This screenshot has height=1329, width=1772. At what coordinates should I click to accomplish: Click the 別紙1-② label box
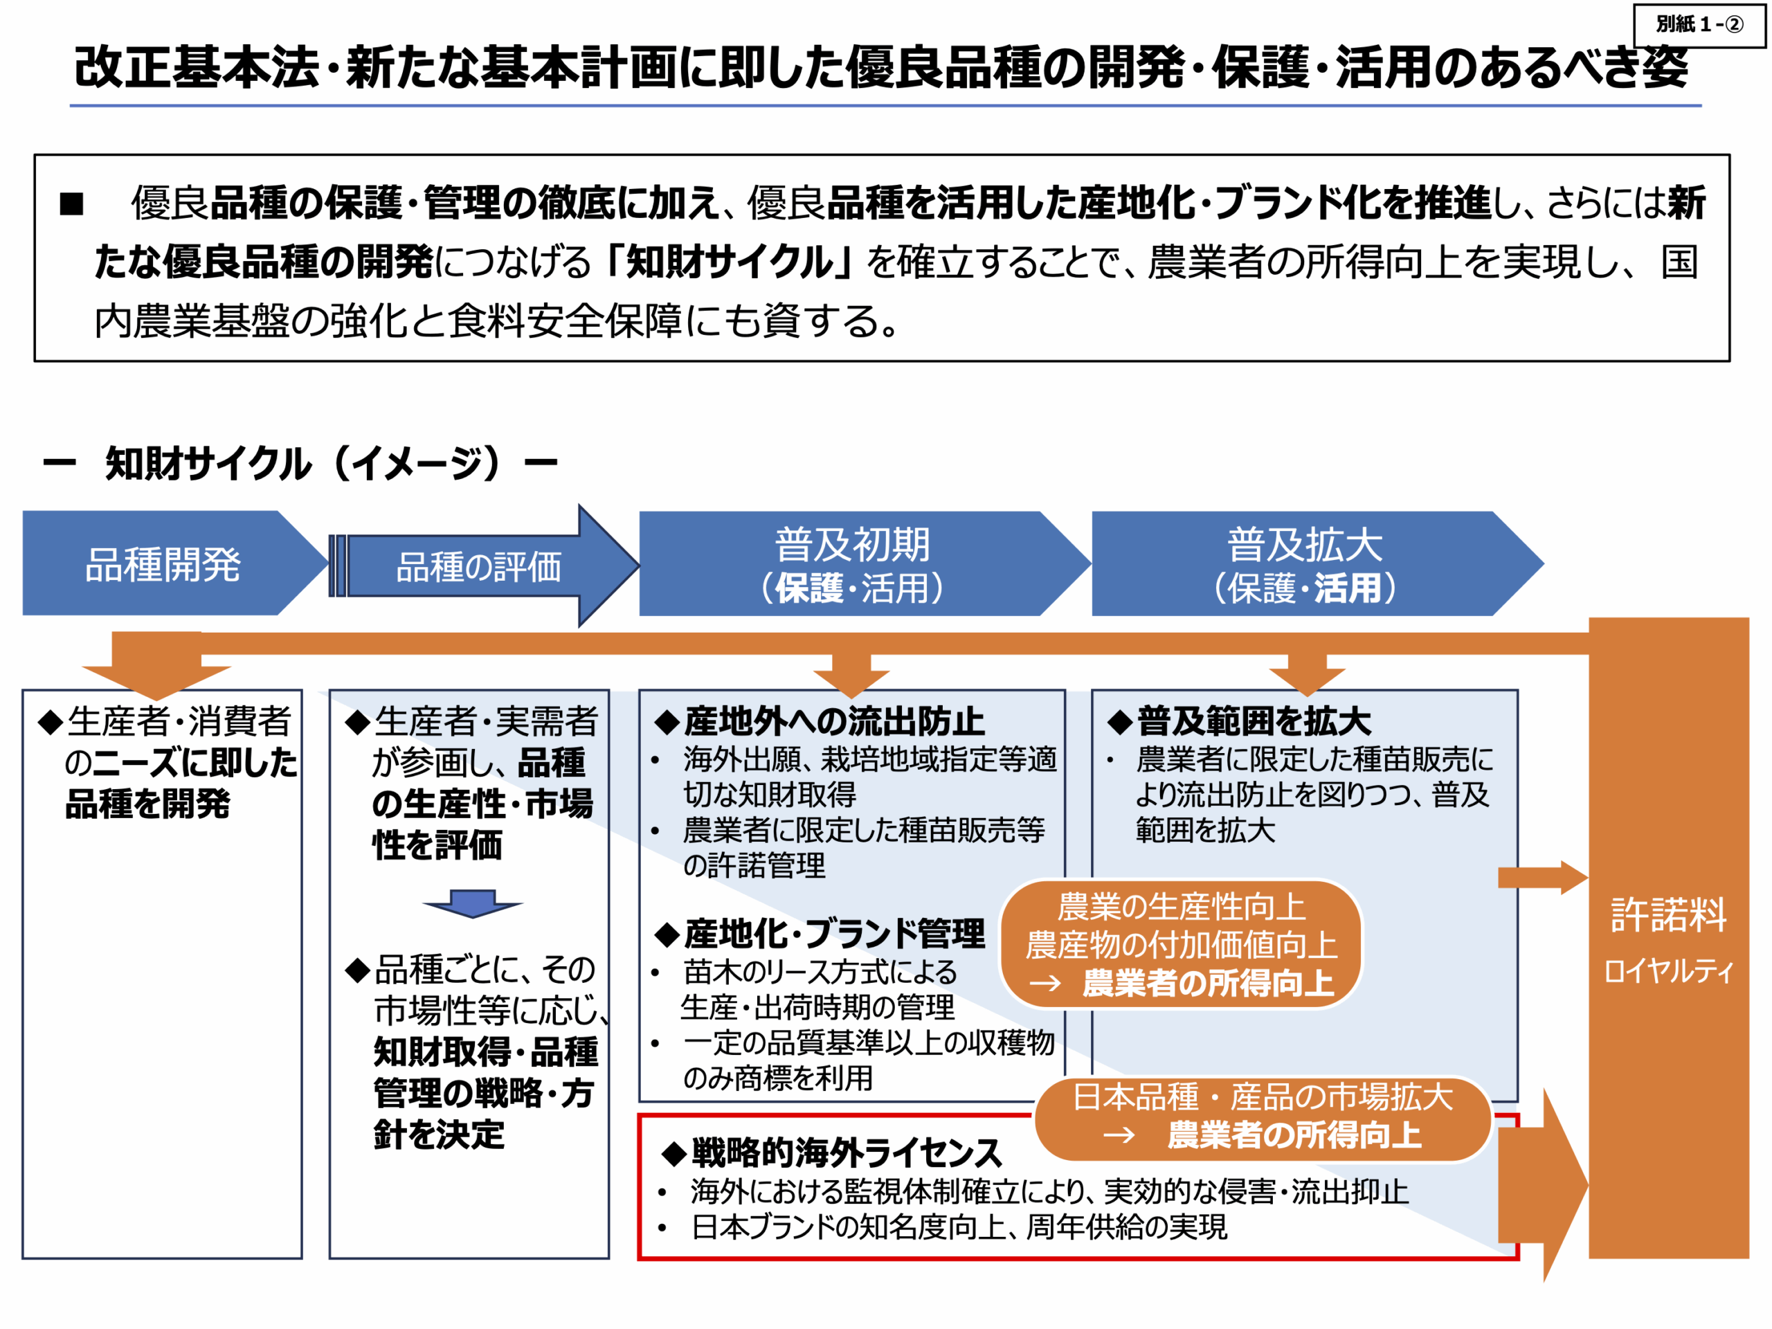pyautogui.click(x=1699, y=25)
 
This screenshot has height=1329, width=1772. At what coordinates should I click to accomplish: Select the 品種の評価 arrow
pyautogui.click(x=484, y=566)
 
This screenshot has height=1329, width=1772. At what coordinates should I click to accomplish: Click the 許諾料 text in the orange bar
pyautogui.click(x=1669, y=914)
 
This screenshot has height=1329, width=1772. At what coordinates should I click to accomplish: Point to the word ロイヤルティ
pyautogui.click(x=1669, y=971)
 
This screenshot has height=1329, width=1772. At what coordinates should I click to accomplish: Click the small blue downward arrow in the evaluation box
pyautogui.click(x=473, y=903)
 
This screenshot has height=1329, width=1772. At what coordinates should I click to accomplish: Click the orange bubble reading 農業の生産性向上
pyautogui.click(x=1181, y=944)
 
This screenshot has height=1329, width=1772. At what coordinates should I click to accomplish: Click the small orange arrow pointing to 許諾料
pyautogui.click(x=1543, y=877)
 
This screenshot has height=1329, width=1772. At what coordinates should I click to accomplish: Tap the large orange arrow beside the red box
pyautogui.click(x=1543, y=1184)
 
